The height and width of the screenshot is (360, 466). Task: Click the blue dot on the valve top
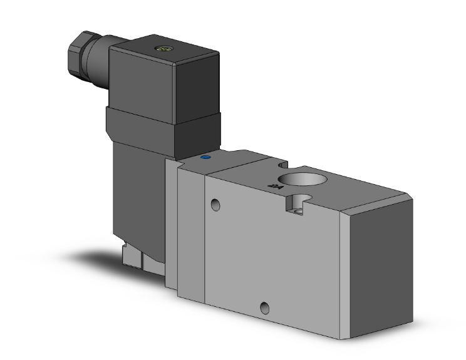[204, 159]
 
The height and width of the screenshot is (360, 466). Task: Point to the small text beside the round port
[272, 185]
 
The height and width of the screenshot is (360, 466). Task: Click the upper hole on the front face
[216, 204]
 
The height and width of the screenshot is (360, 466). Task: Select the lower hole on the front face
[266, 307]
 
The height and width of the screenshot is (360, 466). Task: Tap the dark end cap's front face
[380, 269]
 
